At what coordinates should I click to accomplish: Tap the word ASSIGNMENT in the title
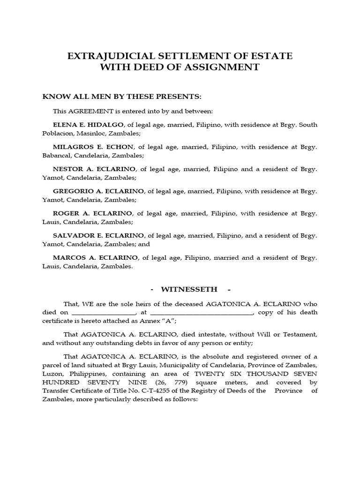221,67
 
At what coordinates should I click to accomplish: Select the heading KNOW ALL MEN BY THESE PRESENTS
122,97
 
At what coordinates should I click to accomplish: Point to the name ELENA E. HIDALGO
88,125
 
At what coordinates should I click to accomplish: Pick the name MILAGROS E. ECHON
93,147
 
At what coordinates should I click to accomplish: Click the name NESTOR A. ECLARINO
94,169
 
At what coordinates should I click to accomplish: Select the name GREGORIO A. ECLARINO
99,191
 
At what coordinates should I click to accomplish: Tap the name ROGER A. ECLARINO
92,213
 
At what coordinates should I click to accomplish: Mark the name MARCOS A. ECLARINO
95,258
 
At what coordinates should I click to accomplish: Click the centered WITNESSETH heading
180,289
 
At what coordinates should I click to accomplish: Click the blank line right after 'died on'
104,312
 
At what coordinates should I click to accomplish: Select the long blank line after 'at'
202,312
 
